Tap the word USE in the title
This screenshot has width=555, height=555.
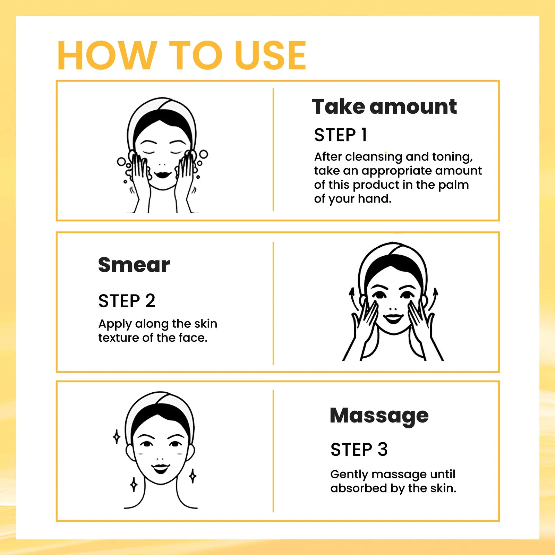pyautogui.click(x=270, y=55)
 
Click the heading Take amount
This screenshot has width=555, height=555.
pyautogui.click(x=384, y=106)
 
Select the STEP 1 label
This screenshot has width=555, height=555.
pyautogui.click(x=340, y=135)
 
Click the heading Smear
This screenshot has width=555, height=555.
pyautogui.click(x=134, y=265)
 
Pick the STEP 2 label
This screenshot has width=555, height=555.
pyautogui.click(x=127, y=301)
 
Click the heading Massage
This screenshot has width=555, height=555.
pyautogui.click(x=379, y=416)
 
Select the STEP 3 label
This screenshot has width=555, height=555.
pyautogui.click(x=359, y=450)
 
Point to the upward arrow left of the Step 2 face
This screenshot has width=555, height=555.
pyautogui.click(x=353, y=298)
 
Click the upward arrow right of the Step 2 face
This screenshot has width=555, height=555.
pyautogui.click(x=435, y=298)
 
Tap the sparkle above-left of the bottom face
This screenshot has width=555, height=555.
pyautogui.click(x=117, y=437)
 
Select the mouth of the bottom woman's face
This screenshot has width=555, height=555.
pyautogui.click(x=161, y=469)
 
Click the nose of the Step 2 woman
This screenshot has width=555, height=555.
pyautogui.click(x=393, y=308)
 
